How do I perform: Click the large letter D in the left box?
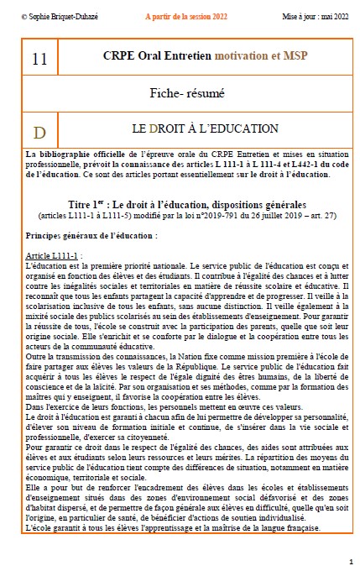39,133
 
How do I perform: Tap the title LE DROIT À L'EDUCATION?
205,129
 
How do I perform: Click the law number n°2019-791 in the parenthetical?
203,215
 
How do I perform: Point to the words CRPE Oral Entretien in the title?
159,56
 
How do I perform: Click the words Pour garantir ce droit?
64,447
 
